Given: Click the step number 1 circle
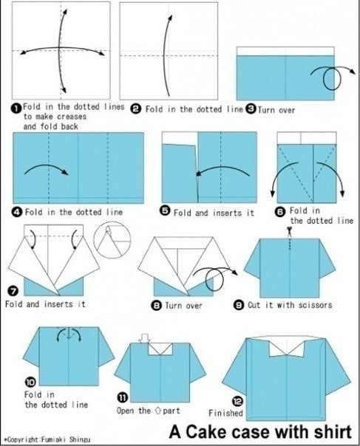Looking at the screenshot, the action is (16, 109).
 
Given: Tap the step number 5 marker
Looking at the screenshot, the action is (165, 212).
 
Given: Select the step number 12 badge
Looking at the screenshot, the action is (238, 402).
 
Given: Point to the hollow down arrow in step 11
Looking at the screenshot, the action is (145, 338).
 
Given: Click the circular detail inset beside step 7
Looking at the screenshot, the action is (112, 240).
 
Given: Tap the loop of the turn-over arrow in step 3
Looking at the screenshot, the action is (332, 78).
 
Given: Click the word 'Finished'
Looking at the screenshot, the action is (225, 413).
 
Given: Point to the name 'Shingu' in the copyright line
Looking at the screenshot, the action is (80, 440).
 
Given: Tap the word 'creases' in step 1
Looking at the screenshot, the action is (72, 117).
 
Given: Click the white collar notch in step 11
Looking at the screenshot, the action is (160, 349).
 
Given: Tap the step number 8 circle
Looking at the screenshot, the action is (157, 306).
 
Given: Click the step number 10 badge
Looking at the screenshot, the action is (30, 382).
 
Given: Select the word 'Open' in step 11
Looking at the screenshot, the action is (126, 411).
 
